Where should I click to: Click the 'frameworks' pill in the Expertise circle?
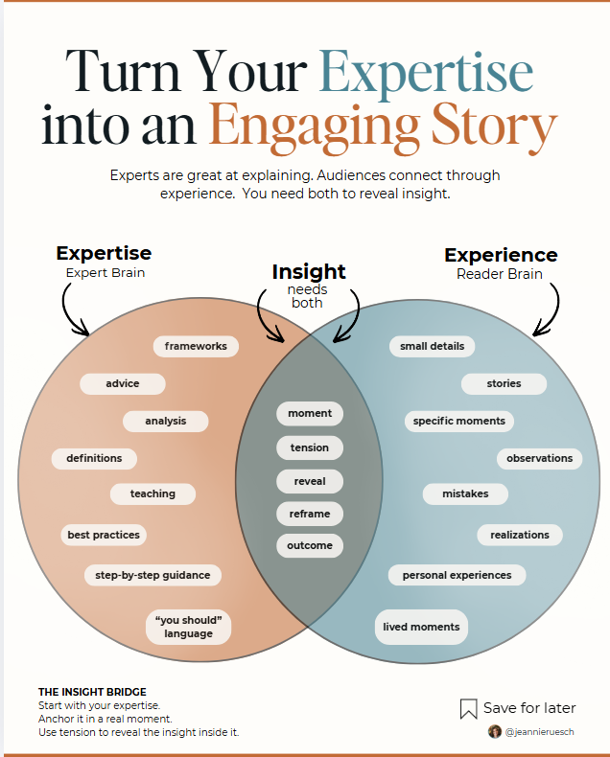196,346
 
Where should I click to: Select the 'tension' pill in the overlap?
309,447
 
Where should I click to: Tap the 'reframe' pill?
309,514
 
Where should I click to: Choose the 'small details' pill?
432,346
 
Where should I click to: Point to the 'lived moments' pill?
421,627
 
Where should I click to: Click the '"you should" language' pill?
188,627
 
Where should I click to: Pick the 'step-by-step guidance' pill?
152,575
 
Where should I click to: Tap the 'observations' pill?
539,458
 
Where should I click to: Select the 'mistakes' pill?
465,493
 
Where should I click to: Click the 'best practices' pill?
104,535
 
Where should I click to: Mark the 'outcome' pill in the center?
309,545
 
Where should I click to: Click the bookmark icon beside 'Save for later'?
469,709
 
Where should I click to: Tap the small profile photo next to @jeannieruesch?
495,731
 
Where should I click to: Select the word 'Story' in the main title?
498,125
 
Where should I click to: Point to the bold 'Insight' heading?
309,271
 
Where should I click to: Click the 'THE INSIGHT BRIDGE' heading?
92,692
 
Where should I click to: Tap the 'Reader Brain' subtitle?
499,273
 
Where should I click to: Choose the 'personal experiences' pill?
457,575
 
